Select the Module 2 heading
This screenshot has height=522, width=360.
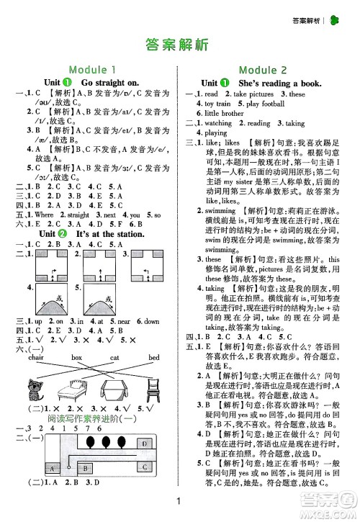point(262,70)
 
